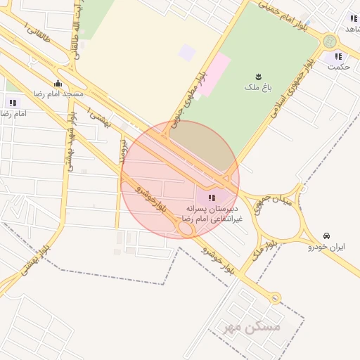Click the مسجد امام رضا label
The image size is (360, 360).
pos(59,94)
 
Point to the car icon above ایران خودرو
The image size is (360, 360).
pos(326,236)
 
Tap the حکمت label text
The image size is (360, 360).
pos(339,67)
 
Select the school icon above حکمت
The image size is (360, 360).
pos(338,56)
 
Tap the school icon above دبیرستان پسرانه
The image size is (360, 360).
pos(212,198)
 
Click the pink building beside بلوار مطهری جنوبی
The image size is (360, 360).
pos(217,70)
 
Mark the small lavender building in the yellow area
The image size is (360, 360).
pos(187,52)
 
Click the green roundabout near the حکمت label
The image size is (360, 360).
pos(330,41)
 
